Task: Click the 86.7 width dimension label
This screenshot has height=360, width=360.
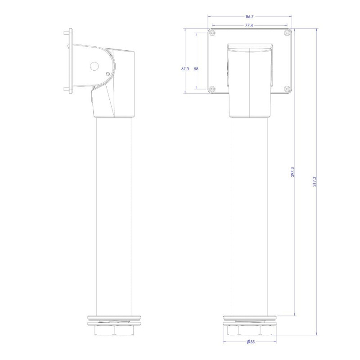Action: click(x=250, y=17)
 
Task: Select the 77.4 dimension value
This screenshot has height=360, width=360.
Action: click(x=249, y=25)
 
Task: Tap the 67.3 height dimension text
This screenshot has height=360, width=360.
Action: click(x=185, y=69)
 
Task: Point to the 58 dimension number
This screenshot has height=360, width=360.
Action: click(x=196, y=69)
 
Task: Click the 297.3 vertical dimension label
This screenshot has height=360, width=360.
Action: click(x=292, y=172)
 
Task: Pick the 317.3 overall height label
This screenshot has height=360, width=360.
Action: click(x=314, y=181)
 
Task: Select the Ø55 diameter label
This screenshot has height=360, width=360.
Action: click(x=251, y=342)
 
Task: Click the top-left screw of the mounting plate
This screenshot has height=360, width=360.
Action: click(x=213, y=33)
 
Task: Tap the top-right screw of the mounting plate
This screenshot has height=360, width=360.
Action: click(x=287, y=33)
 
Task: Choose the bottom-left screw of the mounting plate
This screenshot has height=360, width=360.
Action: click(x=213, y=89)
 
